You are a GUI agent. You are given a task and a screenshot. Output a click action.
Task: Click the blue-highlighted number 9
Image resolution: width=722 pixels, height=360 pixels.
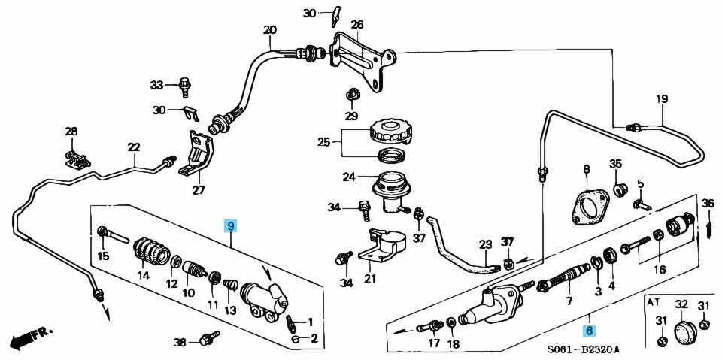pyautogui.click(x=232, y=225)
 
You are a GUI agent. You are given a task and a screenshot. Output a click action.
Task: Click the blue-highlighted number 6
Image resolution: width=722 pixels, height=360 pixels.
pyautogui.click(x=590, y=330)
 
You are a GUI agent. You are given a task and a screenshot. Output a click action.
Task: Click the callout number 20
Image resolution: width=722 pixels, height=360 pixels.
pyautogui.click(x=270, y=31)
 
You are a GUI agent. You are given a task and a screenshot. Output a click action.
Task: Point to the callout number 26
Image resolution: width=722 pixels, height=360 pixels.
pyautogui.click(x=356, y=25)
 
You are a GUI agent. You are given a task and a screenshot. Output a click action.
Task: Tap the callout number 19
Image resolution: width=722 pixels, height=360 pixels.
pyautogui.click(x=662, y=99)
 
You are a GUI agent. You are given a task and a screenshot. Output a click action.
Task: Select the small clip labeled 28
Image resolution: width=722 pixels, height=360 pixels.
pyautogui.click(x=75, y=158)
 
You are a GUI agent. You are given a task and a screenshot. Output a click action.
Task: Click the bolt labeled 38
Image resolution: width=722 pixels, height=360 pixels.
pyautogui.click(x=208, y=340)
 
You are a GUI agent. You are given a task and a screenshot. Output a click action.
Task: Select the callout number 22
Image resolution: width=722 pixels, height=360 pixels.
pyautogui.click(x=134, y=147)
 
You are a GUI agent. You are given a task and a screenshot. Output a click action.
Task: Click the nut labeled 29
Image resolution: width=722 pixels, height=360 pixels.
pyautogui.click(x=351, y=95)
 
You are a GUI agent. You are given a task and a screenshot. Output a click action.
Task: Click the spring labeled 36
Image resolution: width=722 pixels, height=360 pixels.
pyautogui.click(x=708, y=225)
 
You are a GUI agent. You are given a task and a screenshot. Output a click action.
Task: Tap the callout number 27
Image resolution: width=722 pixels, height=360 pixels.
pyautogui.click(x=198, y=190)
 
